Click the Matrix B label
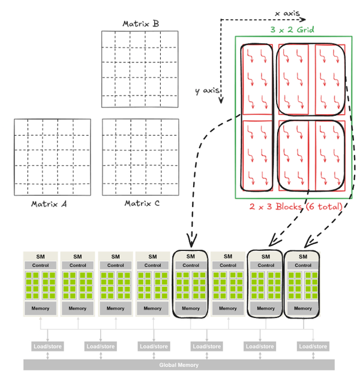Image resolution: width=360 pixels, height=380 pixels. pyautogui.click(x=140, y=24)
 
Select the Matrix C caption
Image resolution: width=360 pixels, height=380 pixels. pyautogui.click(x=142, y=204)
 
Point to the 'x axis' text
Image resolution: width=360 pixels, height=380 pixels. pyautogui.click(x=287, y=13)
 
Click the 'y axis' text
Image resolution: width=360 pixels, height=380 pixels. pyautogui.click(x=206, y=91)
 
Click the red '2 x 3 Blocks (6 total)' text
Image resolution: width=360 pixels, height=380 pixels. pyautogui.click(x=296, y=207)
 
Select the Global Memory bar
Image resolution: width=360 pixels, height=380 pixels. pyautogui.click(x=179, y=364)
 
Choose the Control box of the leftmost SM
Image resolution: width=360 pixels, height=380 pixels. pyautogui.click(x=40, y=265)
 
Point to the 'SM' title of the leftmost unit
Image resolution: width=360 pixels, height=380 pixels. pyautogui.click(x=40, y=256)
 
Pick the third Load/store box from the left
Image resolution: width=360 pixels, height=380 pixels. pyautogui.click(x=153, y=346)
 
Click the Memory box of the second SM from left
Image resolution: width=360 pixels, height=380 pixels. pyautogui.click(x=77, y=309)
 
